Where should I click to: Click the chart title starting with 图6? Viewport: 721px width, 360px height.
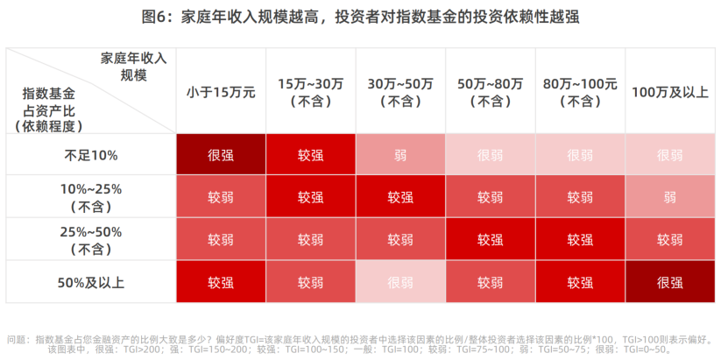click(x=360, y=17)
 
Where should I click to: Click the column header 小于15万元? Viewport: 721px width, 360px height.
click(x=221, y=91)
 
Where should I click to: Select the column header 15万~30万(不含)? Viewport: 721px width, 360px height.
click(x=310, y=91)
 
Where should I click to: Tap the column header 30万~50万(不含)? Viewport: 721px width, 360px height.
click(x=400, y=91)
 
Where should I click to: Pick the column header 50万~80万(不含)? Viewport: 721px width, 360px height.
click(x=491, y=91)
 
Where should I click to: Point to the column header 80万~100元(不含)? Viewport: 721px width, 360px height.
click(x=580, y=91)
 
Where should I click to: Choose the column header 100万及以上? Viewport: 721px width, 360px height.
click(x=670, y=91)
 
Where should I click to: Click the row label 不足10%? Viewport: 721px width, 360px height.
click(x=91, y=155)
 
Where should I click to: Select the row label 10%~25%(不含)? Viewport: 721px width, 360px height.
click(x=91, y=197)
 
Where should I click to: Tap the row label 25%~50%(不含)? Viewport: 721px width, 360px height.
click(x=91, y=240)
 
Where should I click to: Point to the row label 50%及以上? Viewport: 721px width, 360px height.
click(x=91, y=282)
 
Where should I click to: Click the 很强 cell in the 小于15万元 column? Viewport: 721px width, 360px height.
click(x=221, y=155)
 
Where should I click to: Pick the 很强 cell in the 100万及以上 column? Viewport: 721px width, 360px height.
click(x=670, y=282)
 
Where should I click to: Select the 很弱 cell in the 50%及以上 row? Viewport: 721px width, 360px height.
click(x=400, y=282)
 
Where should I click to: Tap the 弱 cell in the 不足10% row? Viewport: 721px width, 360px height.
click(x=400, y=155)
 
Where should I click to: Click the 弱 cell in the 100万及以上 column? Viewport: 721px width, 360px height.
click(x=670, y=197)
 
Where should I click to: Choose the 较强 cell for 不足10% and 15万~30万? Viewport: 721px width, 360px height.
click(x=310, y=155)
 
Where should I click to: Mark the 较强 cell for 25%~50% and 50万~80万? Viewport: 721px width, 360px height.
click(x=491, y=240)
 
